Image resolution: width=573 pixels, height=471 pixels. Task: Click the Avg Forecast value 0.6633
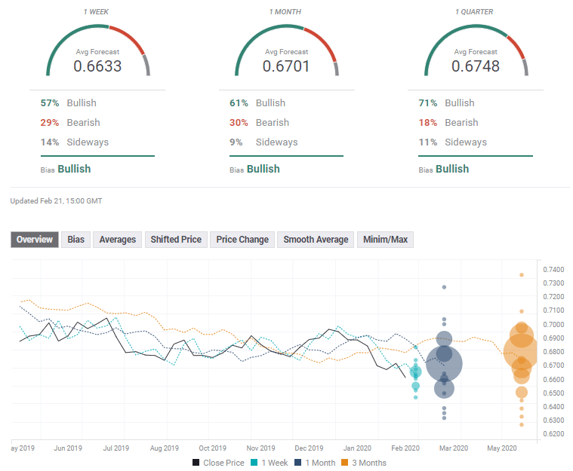pos(97,66)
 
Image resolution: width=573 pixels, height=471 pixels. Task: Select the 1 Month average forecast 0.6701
pos(286,66)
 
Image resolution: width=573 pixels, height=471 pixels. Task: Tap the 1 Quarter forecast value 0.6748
pos(476,66)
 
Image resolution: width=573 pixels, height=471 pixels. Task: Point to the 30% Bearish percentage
pos(239,123)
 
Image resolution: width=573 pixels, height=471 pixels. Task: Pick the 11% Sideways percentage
pos(427,142)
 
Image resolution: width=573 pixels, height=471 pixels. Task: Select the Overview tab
pos(35,240)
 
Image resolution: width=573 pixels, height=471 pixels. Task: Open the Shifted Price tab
pos(175,240)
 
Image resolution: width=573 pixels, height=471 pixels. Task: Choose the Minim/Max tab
pos(385,240)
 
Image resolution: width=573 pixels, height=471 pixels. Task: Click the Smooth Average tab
pos(316,240)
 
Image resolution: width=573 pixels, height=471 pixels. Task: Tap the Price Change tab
pos(242,240)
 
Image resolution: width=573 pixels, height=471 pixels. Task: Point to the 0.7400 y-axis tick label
pos(553,269)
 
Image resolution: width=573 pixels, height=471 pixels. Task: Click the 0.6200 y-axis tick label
pos(553,434)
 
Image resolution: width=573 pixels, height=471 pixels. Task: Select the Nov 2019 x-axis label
pos(259,448)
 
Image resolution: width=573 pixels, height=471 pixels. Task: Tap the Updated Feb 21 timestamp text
pos(56,201)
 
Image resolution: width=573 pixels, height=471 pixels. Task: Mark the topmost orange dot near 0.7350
pos(521,275)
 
